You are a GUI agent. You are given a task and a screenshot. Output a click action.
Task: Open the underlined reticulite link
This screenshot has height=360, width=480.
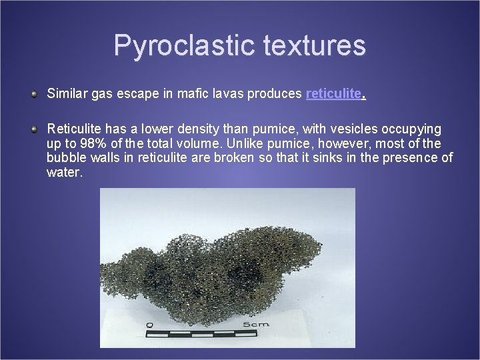(x=333, y=94)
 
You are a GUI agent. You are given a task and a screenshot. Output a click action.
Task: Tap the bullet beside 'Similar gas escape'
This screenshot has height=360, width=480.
(x=34, y=94)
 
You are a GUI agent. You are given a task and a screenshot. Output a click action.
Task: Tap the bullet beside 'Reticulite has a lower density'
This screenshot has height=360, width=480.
(x=34, y=129)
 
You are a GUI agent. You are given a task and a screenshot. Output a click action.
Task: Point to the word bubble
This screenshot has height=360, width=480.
(x=65, y=158)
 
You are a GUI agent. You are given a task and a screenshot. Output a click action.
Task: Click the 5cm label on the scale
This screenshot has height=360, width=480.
(x=255, y=325)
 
